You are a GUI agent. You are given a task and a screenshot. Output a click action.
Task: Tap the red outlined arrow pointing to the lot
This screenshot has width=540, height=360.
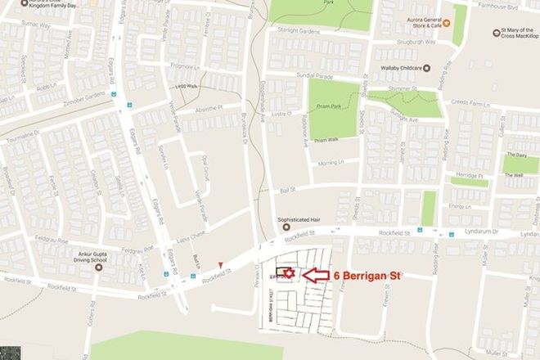317,277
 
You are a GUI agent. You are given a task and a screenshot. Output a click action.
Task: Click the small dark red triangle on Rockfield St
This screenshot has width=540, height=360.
220,262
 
